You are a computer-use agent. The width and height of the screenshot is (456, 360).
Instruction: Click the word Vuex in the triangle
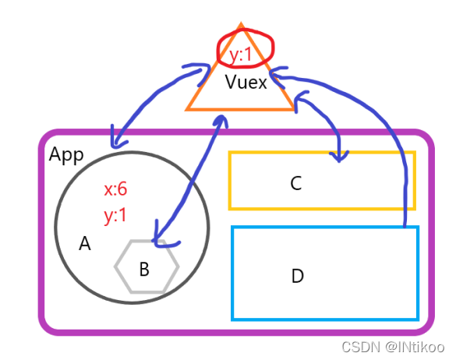246,83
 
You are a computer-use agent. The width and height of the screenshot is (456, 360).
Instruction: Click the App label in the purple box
65,154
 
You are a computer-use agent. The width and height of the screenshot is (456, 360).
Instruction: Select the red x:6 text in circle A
115,189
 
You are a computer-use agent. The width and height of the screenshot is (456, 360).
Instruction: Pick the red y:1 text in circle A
115,215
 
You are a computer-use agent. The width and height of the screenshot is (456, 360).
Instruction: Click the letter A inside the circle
85,244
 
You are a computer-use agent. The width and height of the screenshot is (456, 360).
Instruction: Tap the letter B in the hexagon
144,270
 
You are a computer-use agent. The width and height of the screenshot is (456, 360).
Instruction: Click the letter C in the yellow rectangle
295,183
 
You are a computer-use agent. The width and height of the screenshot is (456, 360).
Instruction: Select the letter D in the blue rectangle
297,276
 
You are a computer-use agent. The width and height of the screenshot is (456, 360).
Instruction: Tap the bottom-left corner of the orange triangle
187,109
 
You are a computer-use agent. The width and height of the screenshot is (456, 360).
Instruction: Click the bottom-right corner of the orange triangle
295,109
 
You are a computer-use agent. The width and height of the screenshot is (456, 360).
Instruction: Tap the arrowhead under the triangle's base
221,118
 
